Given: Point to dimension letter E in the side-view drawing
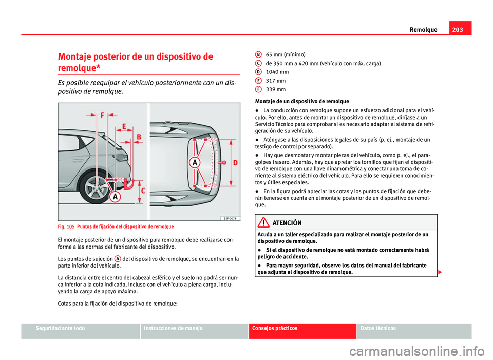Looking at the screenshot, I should point(124,126).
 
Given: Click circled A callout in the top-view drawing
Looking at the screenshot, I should point(195,162).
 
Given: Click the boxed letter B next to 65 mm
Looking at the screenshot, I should point(258,53).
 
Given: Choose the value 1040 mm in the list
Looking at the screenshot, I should point(277,72).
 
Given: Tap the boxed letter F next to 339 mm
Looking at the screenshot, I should point(258,89).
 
